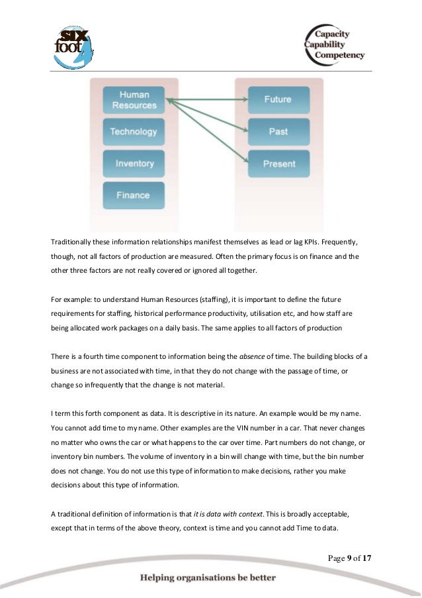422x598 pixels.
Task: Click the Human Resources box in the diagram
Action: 134,99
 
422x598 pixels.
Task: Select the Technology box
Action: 134,131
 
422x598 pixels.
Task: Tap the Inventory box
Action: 134,163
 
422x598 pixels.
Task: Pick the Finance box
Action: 134,195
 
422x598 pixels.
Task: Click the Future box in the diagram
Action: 278,99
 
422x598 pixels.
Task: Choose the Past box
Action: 278,131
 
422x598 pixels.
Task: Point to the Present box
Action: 278,163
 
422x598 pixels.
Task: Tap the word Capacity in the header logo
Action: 332,34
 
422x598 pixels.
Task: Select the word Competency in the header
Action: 339,56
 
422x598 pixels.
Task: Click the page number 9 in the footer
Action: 348,558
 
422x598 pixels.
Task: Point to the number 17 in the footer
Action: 366,558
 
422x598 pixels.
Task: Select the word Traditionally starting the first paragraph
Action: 73,242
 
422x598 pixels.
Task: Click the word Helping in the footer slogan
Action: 159,578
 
